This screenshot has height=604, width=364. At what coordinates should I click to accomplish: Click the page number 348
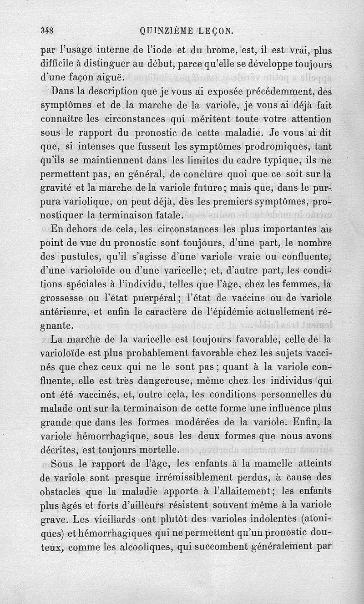tap(47, 31)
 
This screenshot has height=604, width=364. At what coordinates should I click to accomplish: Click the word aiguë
tap(109, 76)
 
